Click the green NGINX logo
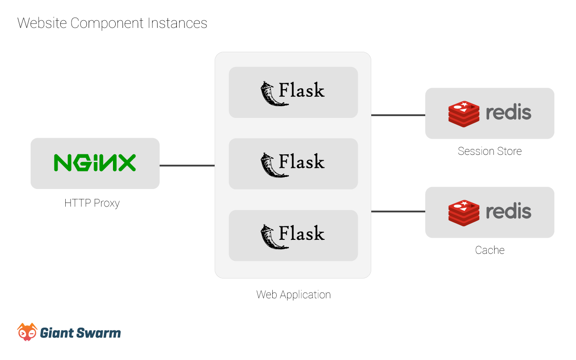[x=94, y=163]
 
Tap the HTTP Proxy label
[x=92, y=203]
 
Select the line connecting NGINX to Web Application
[x=187, y=166]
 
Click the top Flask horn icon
[x=274, y=94]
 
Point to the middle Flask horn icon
[x=274, y=165]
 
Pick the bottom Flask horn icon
[x=274, y=237]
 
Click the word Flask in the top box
[x=301, y=90]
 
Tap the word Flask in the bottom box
[x=301, y=233]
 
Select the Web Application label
[x=293, y=295]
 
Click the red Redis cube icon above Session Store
[x=463, y=114]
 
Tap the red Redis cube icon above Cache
[x=463, y=213]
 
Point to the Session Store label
[x=490, y=151]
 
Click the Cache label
[x=490, y=250]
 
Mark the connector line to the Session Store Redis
[x=398, y=115]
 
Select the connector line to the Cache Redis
[x=398, y=211]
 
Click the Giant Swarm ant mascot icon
[x=27, y=332]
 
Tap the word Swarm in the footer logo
[x=99, y=333]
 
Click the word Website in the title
[x=42, y=23]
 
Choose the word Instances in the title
[x=177, y=23]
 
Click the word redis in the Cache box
[x=508, y=211]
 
